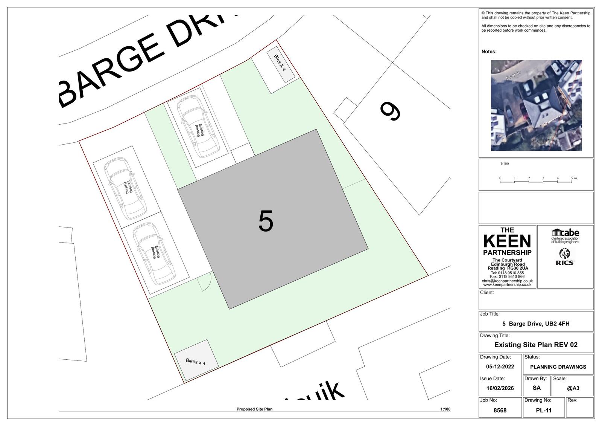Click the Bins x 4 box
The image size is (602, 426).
pos(280,66)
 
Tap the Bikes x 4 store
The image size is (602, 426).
pos(196,361)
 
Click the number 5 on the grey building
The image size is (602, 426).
pos(266,221)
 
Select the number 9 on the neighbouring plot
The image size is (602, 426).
pos(391,111)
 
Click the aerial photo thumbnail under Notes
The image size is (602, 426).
pos(536,105)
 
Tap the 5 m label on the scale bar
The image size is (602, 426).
pos(574,178)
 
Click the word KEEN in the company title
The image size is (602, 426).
pos(507,241)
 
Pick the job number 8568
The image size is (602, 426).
pos(500,411)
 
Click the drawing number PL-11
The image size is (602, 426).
pos(544,411)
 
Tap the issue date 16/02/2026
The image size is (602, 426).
pos(500,388)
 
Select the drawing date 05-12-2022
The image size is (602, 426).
pos(500,366)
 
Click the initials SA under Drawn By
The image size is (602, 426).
pos(537,388)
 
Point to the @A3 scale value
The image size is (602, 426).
pos(573,388)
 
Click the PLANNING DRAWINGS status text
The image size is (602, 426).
pos(558,367)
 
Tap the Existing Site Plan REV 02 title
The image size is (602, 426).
pos(536,345)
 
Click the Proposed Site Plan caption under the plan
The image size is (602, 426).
pos(254,409)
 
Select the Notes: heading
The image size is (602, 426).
pos(489,52)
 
